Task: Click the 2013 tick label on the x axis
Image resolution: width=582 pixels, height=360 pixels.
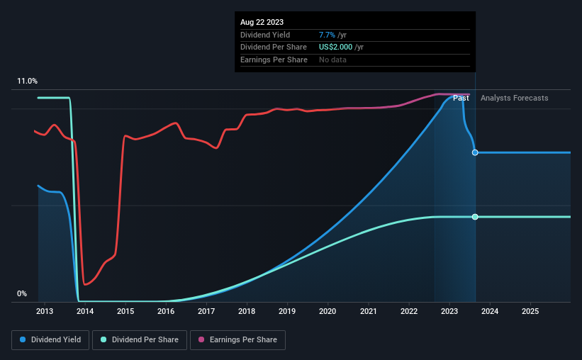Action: tap(44, 311)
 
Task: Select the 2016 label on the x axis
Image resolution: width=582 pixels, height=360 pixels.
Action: tap(166, 311)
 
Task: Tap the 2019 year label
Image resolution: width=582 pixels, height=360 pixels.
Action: tap(287, 311)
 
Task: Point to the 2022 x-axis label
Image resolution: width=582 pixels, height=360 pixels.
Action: tap(409, 311)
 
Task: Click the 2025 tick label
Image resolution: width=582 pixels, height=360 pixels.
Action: tap(530, 311)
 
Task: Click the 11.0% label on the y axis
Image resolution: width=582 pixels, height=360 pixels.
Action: tap(28, 81)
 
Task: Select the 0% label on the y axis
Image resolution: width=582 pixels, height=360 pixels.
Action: tap(22, 293)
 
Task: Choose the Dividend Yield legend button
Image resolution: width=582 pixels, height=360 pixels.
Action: tap(50, 340)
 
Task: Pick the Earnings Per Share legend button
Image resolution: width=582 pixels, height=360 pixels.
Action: tap(238, 340)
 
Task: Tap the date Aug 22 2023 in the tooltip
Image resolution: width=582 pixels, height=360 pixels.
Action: tap(262, 22)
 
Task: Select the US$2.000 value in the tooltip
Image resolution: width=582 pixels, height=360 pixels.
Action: tap(341, 47)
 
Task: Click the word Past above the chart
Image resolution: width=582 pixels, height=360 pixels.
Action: tap(461, 98)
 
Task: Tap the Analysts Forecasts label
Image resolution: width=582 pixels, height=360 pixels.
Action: tap(514, 98)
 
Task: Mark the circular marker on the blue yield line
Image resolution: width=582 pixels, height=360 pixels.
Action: tap(475, 152)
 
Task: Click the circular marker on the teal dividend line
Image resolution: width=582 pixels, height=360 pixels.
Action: tap(475, 217)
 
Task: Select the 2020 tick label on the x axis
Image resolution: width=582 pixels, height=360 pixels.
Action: tap(328, 311)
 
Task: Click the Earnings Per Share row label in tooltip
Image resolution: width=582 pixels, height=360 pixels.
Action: tap(274, 60)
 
